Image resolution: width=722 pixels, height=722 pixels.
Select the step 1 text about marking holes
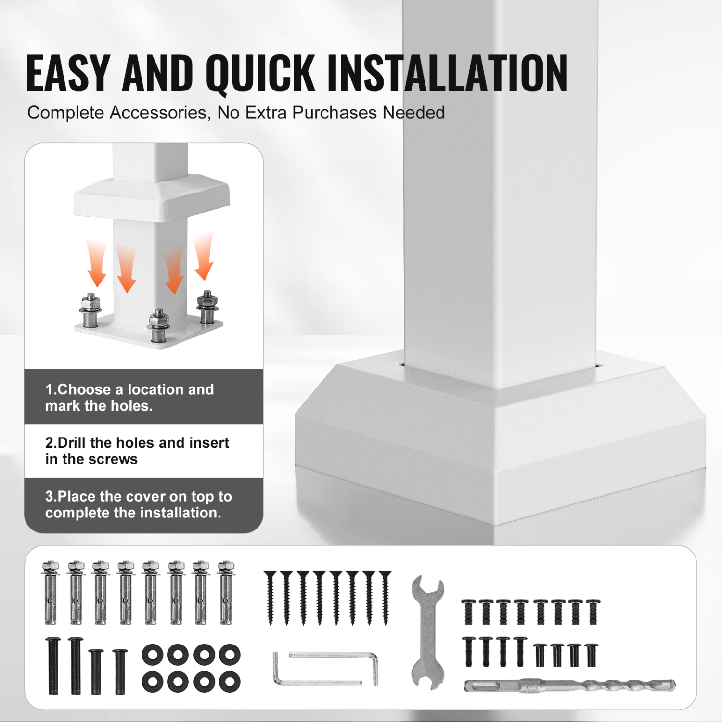[x=129, y=398]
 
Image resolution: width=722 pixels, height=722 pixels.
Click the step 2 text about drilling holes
[x=137, y=451]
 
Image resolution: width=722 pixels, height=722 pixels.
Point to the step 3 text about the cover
[x=139, y=504]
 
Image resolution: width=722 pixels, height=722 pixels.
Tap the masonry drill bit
[x=570, y=685]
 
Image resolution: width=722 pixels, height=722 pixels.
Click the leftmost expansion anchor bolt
[x=51, y=593]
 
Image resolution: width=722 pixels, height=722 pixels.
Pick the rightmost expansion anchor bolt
[x=226, y=593]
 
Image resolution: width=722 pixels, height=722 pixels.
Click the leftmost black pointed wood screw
[x=271, y=598]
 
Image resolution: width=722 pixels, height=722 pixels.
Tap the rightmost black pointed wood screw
[x=385, y=598]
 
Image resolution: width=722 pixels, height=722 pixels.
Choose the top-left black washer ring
[x=153, y=655]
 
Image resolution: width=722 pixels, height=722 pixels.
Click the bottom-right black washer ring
[x=230, y=682]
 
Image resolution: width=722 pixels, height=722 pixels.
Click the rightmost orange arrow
[x=204, y=255]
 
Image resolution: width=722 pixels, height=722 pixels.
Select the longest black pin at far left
[x=52, y=666]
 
